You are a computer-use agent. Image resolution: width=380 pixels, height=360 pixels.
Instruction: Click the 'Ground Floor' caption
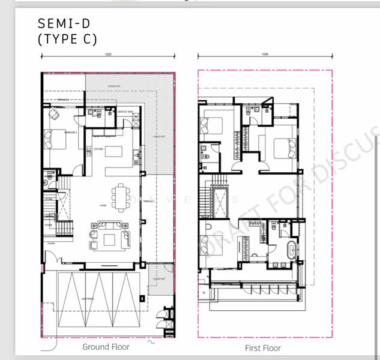pyautogui.click(x=106, y=347)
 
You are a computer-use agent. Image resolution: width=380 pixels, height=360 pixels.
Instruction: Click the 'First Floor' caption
pyautogui.click(x=263, y=348)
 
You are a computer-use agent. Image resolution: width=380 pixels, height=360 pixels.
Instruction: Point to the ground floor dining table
pyautogui.click(x=122, y=196)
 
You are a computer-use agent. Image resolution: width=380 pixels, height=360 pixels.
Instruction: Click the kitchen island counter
pyautogui.click(x=117, y=154)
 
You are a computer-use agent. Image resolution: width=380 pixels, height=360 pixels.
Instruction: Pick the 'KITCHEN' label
pyautogui.click(x=99, y=148)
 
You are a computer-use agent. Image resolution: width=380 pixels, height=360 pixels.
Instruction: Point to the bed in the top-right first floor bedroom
pyautogui.click(x=282, y=146)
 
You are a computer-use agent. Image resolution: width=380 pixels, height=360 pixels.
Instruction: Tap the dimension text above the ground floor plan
pyautogui.click(x=108, y=54)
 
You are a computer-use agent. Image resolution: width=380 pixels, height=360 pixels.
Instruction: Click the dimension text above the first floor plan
pyautogui.click(x=265, y=54)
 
